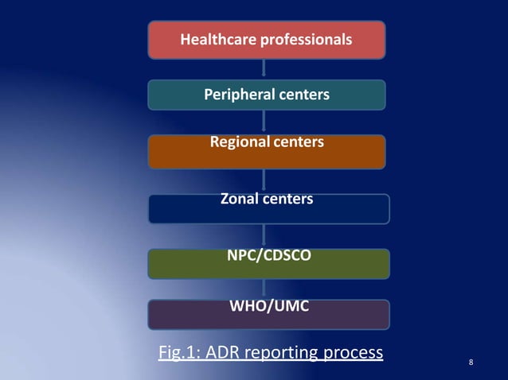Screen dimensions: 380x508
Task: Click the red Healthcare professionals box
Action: (267, 40)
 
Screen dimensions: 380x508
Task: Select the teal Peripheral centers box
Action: (267, 95)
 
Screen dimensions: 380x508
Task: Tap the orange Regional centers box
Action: (267, 152)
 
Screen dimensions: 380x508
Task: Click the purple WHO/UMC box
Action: (268, 314)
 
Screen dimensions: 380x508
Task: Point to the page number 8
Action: (471, 363)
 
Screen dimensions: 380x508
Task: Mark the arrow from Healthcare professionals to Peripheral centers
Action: (264, 68)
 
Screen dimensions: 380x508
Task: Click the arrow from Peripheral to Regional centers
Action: (264, 122)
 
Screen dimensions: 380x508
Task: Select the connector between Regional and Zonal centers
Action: (264, 180)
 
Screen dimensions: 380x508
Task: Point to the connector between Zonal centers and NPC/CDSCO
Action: (264, 236)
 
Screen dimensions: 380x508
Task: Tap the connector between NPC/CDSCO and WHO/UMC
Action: (264, 289)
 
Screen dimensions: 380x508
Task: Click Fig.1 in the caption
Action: (180, 351)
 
